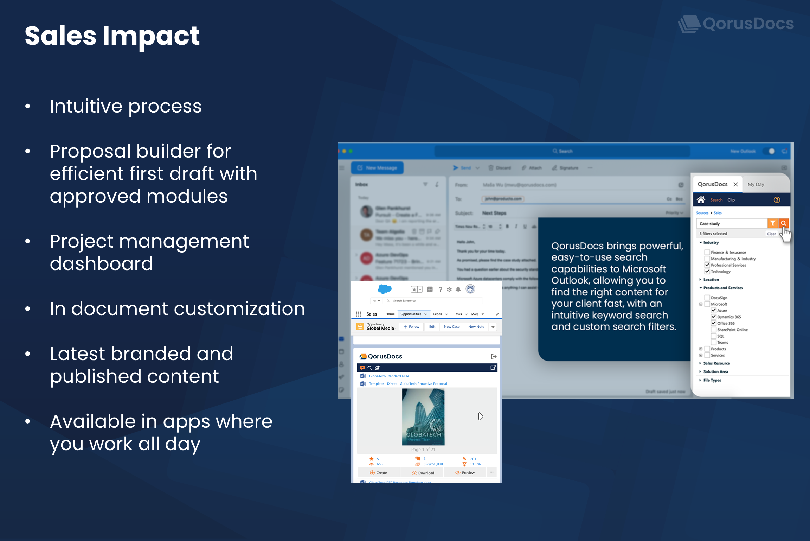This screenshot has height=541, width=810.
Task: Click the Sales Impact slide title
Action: click(x=112, y=36)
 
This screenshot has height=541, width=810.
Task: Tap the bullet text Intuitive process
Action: click(x=126, y=106)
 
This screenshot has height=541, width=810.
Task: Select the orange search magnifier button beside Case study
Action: click(x=783, y=223)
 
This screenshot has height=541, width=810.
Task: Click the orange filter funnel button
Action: click(x=772, y=223)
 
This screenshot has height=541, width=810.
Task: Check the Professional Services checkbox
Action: click(x=707, y=265)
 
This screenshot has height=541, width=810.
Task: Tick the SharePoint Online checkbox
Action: click(x=713, y=330)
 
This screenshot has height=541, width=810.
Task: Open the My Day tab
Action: click(x=756, y=184)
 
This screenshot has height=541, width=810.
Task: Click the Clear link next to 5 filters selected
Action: click(x=771, y=234)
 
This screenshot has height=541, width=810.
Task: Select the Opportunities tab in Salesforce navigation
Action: click(x=411, y=314)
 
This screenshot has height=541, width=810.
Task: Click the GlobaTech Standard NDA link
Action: click(x=389, y=376)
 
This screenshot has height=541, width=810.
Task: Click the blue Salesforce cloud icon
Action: click(x=385, y=289)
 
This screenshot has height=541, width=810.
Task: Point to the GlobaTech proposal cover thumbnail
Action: click(x=423, y=417)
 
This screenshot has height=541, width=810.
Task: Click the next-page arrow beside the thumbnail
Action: click(x=481, y=416)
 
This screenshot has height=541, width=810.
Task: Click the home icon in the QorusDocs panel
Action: click(x=701, y=200)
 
